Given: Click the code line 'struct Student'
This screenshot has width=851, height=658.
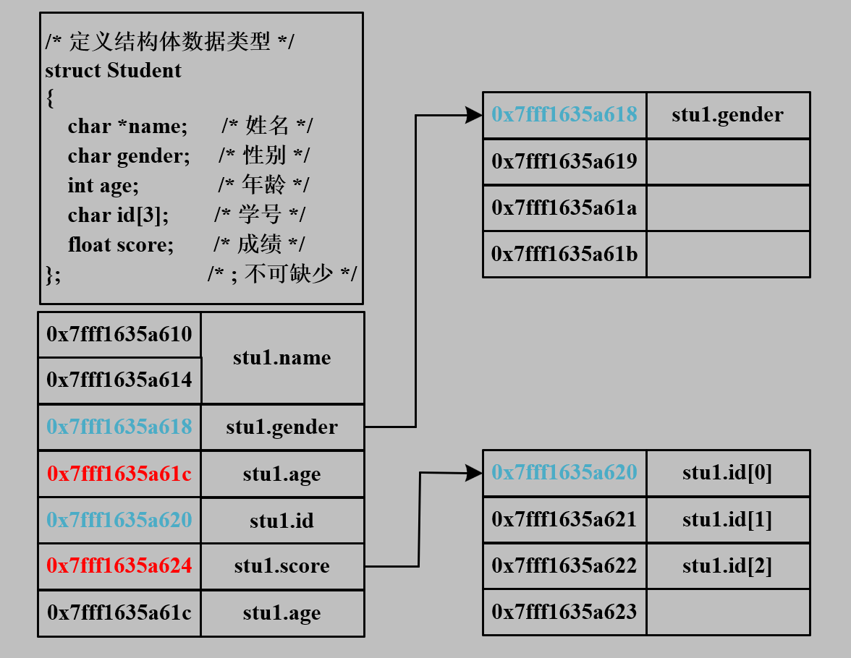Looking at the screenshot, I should [113, 71].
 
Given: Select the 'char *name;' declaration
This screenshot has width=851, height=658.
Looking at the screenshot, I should [127, 127].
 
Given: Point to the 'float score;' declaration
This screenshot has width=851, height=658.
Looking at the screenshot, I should [121, 245].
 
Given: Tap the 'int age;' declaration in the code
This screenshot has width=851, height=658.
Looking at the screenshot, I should [103, 186].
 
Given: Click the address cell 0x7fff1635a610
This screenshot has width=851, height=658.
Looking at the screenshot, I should [119, 334].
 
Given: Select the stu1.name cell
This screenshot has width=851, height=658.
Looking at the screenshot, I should [282, 358].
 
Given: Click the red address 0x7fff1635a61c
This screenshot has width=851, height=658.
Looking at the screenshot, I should [119, 474].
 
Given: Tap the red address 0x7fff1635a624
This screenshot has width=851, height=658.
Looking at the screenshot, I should [119, 565].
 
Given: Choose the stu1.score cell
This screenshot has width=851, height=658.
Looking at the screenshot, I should [282, 566].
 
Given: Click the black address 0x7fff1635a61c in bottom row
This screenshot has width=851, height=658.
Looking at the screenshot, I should [119, 613].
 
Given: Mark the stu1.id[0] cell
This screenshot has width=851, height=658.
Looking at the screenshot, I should [727, 473].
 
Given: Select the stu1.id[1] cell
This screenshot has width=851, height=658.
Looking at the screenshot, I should [727, 520].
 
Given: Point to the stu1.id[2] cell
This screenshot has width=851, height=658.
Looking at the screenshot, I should [727, 565].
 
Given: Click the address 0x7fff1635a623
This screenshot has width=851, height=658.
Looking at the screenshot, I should [564, 612].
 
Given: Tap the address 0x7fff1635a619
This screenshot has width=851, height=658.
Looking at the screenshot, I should [564, 161].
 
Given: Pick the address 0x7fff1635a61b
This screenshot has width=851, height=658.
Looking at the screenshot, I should [564, 254].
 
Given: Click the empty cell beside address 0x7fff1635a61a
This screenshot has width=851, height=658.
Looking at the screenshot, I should [727, 208].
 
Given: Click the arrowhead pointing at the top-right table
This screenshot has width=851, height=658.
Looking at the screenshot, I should [475, 115].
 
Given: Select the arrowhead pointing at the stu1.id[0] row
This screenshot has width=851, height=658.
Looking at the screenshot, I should [475, 473].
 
